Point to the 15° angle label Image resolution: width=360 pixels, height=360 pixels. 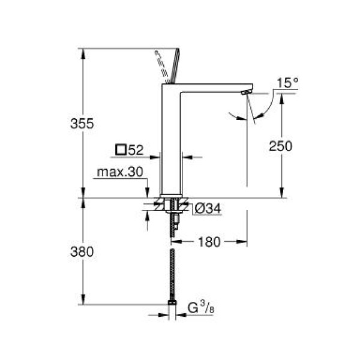(x=287, y=83)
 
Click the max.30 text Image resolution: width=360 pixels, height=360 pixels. (x=121, y=172)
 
